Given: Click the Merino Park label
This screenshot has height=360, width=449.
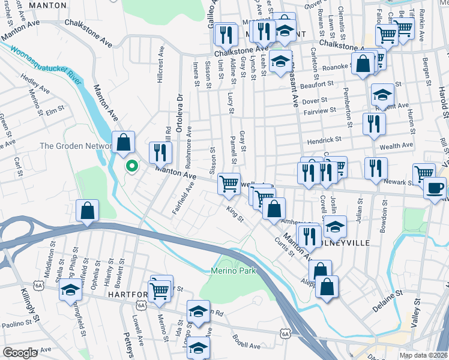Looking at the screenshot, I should [x=233, y=271].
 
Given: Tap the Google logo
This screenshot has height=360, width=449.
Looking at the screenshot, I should [x=20, y=353].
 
